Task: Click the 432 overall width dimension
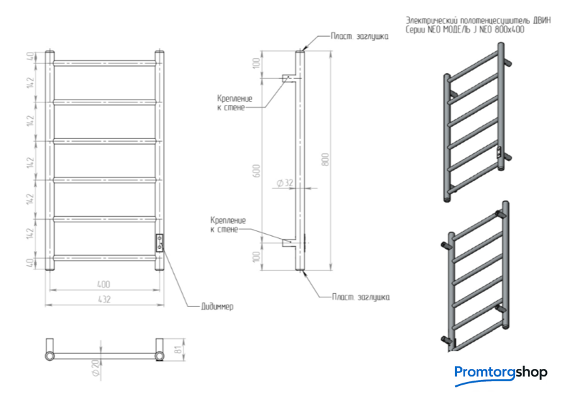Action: point(104,299)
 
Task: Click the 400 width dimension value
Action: point(104,284)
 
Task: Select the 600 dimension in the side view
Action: point(257,171)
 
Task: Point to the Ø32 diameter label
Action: point(285,183)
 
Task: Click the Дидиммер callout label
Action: point(218,307)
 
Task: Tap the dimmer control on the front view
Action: point(159,242)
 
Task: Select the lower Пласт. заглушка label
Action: point(359,297)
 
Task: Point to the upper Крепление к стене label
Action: point(231,102)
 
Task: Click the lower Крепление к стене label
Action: point(228,225)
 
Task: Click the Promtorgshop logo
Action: point(501,372)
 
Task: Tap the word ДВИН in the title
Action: point(540,20)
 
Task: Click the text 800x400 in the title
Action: point(511,29)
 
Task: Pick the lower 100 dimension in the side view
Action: point(257,256)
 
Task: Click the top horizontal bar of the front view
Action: point(106,63)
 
